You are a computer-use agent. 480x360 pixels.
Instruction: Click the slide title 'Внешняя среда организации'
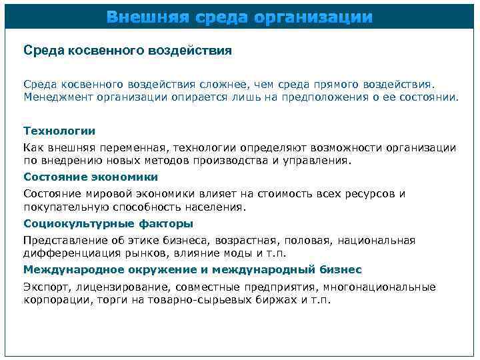[x=240, y=16]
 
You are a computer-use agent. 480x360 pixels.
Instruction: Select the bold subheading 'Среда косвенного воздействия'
[x=127, y=50]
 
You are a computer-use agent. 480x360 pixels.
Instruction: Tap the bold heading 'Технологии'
[x=59, y=131]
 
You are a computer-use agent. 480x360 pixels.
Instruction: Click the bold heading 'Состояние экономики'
[x=91, y=177]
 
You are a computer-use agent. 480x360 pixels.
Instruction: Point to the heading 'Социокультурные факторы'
[x=108, y=223]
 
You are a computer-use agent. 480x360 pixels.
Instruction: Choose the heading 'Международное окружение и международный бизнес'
[x=193, y=269]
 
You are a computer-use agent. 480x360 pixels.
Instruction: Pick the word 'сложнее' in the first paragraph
[x=221, y=85]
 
